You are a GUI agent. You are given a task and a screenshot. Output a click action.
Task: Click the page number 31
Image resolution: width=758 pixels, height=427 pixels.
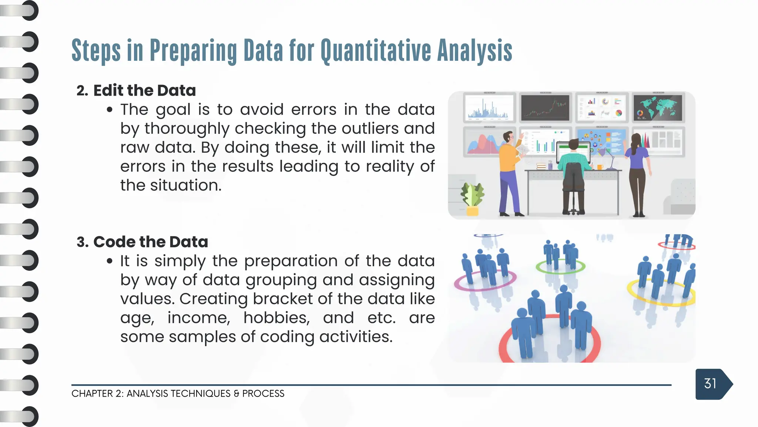coord(710,384)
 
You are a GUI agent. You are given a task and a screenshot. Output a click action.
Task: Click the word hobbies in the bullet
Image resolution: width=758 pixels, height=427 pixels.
coord(276,318)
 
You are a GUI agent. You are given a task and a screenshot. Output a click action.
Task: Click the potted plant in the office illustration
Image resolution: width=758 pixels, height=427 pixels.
coord(472,198)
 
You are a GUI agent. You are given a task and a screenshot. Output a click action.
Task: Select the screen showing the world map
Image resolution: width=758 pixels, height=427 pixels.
coord(658,107)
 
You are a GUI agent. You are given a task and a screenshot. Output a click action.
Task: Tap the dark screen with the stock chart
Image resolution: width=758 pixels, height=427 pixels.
coord(545,107)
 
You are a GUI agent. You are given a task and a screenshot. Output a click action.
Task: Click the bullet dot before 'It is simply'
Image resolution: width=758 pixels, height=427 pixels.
coord(109,261)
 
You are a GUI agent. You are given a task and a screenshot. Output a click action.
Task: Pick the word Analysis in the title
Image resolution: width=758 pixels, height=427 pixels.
coord(474,51)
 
